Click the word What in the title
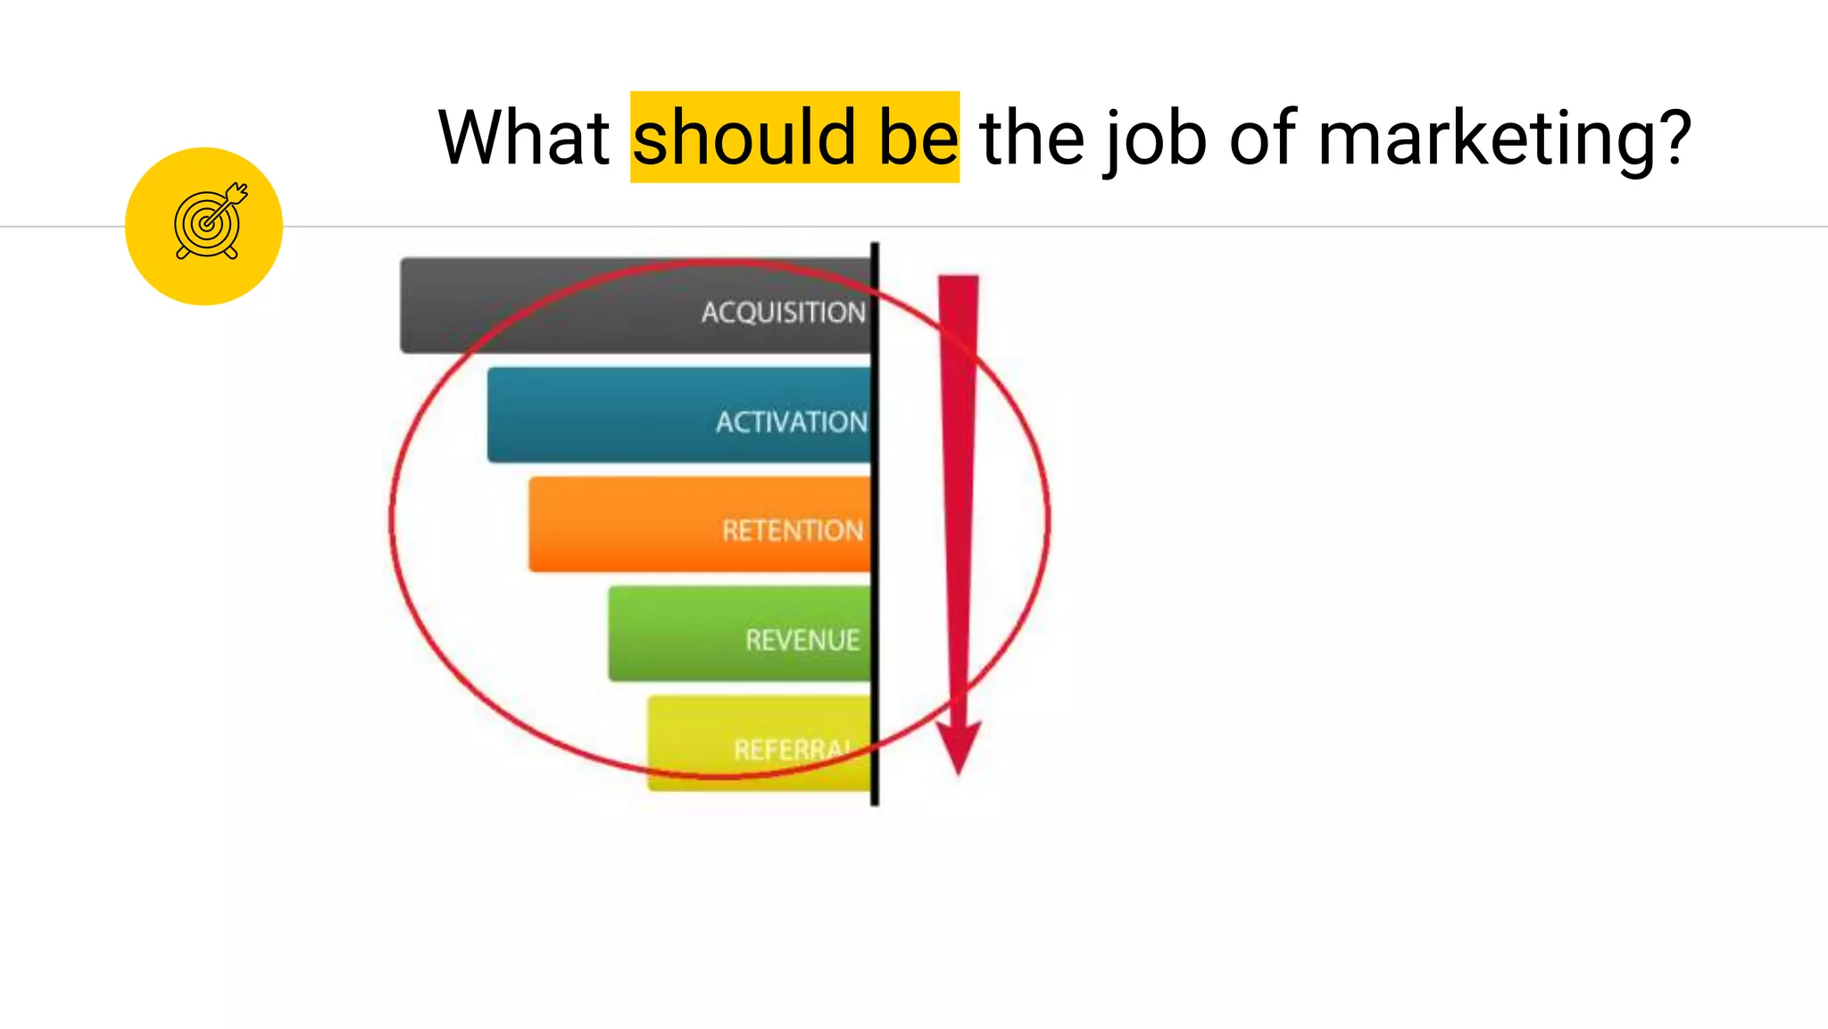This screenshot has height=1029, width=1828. coord(523,138)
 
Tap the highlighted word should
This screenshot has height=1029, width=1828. coord(744,138)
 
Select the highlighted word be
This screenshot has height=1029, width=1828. coord(918,138)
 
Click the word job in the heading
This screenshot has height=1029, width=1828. coord(1155,139)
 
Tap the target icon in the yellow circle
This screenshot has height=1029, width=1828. coord(209,223)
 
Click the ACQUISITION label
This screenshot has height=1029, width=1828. coord(783,313)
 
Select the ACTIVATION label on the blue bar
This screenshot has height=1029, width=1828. coord(791,422)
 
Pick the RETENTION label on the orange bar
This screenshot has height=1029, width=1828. coord(792,531)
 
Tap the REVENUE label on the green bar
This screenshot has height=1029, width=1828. coord(802,640)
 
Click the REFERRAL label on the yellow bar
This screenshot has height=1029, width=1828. coord(791,749)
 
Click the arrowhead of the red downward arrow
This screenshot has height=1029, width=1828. coord(958,746)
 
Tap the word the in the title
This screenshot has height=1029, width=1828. coord(1032,138)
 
